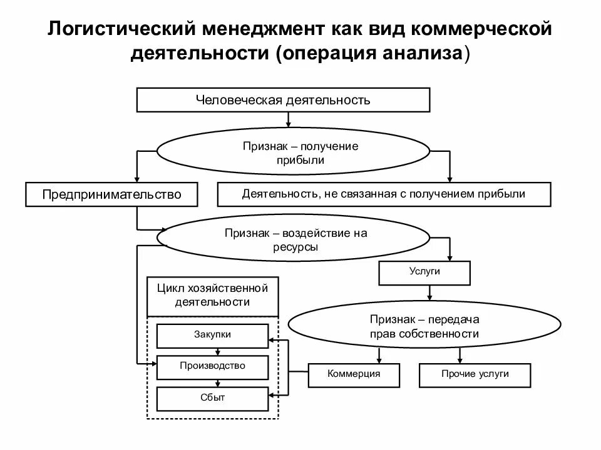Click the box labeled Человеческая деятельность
283,100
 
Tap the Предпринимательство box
111,194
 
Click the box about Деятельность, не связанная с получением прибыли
384,194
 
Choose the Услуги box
424,272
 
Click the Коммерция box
354,374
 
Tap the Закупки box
212,335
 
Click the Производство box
212,366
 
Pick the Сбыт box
212,397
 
